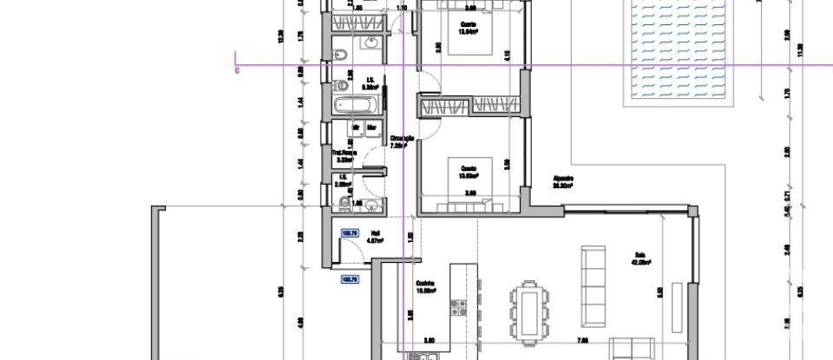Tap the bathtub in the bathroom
356,108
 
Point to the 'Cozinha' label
424,285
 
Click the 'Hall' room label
376,233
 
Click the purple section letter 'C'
237,70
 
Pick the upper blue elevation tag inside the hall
351,233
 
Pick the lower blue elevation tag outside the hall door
351,279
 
